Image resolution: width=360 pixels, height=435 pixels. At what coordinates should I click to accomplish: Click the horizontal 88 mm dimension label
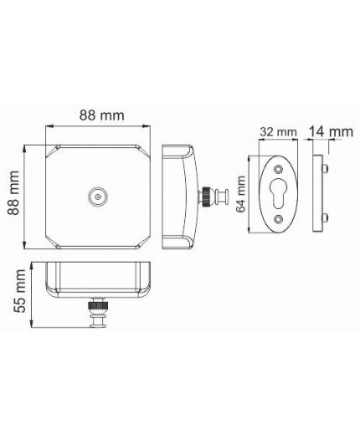102,115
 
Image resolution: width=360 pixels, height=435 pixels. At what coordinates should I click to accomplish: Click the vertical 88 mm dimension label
13,193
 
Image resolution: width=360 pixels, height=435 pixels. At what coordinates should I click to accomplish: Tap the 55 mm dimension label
20,290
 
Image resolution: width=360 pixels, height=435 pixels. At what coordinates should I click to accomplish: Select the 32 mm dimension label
278,132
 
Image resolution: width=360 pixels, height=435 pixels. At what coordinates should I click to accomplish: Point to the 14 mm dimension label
331,131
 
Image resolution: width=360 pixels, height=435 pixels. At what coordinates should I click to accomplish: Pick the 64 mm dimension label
241,194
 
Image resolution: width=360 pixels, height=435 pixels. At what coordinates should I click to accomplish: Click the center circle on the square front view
98,197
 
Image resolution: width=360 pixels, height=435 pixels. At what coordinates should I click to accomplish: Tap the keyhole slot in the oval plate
278,193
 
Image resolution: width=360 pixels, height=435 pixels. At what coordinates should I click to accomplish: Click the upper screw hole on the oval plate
278,169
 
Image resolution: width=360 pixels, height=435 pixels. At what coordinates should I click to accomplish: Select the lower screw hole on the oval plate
278,219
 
